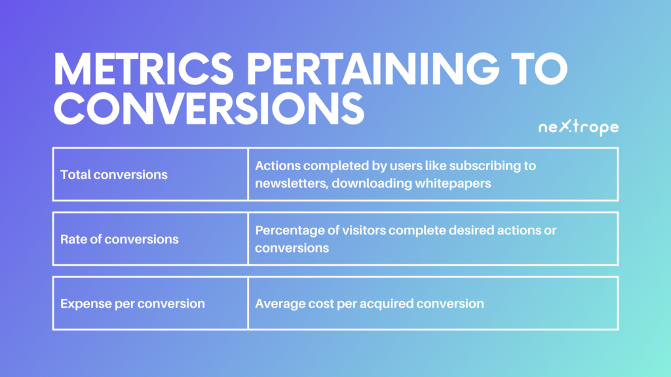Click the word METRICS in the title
[144, 69]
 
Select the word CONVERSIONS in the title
[209, 109]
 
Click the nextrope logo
[579, 128]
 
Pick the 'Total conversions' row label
[114, 174]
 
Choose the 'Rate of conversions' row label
[119, 239]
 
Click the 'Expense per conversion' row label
[132, 304]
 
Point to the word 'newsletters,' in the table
[292, 183]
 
